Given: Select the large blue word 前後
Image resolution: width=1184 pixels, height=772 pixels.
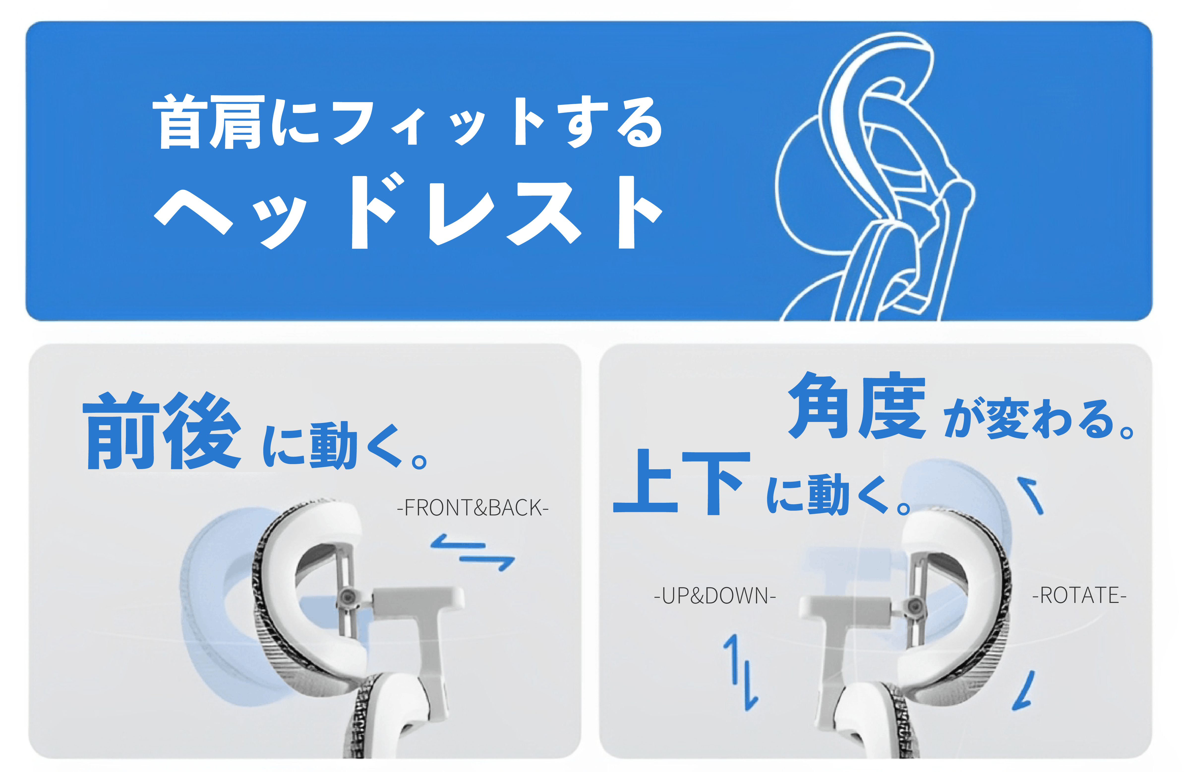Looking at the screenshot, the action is [162, 431].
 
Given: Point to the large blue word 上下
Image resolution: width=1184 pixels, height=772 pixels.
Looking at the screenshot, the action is [681, 482].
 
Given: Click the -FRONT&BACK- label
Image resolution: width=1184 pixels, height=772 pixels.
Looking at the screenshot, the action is [473, 508].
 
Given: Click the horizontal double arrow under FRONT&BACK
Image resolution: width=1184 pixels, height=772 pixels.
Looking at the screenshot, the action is [473, 553].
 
